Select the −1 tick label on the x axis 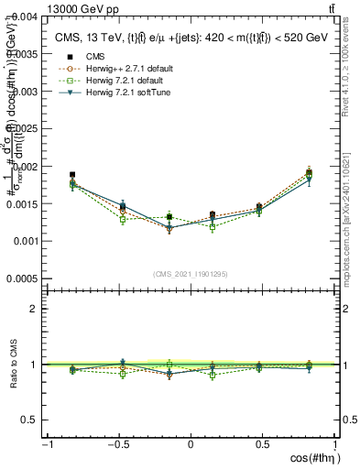point(47,444)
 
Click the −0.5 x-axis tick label point(116,444)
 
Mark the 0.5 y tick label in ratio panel point(30,420)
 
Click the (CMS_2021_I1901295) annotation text point(191,275)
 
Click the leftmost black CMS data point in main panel point(72,174)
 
